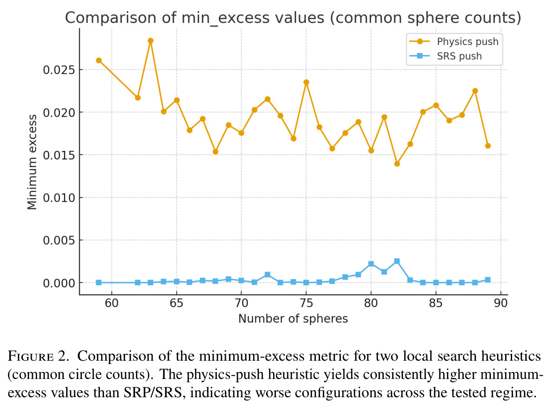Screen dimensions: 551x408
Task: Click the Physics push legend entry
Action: (x=454, y=42)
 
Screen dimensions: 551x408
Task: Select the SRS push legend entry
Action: (x=446, y=56)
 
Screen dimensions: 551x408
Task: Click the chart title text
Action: (x=293, y=18)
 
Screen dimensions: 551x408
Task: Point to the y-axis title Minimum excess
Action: (x=32, y=162)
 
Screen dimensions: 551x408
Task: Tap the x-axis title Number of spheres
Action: (x=293, y=319)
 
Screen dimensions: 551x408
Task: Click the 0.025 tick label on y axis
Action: (x=59, y=70)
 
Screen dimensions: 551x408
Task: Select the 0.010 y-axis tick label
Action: (x=59, y=198)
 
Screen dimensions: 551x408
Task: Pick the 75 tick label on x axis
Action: (x=306, y=303)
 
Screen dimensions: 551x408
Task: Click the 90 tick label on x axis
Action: (x=501, y=303)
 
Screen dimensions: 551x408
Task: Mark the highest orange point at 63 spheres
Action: (x=150, y=41)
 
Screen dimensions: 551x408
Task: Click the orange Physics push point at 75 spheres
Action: (x=306, y=82)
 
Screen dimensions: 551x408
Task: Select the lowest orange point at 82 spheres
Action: (x=397, y=164)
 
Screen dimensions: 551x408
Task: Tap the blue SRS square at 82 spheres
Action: (x=397, y=261)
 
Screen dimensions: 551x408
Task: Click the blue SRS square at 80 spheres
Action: (x=371, y=264)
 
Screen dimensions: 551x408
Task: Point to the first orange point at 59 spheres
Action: (x=99, y=60)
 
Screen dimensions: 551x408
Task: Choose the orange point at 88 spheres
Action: (x=475, y=91)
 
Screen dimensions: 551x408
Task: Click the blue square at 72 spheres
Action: (x=268, y=274)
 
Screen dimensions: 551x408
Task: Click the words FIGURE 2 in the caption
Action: (x=37, y=356)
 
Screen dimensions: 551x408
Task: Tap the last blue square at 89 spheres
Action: (x=488, y=280)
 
